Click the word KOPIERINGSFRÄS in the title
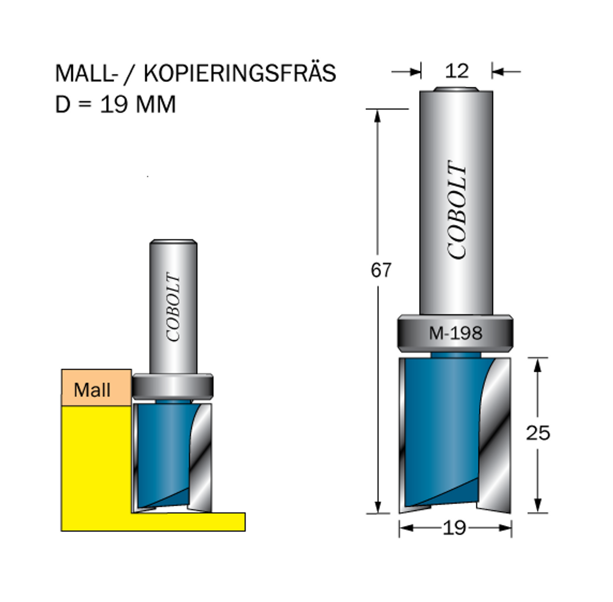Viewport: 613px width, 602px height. click(239, 73)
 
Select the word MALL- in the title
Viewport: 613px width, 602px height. click(86, 74)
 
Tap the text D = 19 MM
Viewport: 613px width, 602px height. click(116, 104)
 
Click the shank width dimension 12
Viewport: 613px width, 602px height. click(457, 71)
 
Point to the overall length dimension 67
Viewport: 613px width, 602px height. click(381, 270)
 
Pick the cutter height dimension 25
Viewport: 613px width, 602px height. click(538, 433)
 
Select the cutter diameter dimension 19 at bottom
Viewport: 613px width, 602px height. click(455, 528)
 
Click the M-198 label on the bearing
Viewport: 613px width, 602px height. click(456, 333)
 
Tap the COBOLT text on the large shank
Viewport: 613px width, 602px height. click(457, 209)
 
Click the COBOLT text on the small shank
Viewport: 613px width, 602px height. click(173, 307)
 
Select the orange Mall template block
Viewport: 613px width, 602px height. click(96, 387)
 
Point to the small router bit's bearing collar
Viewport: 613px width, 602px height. click(172, 387)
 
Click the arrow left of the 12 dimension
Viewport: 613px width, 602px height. click(406, 72)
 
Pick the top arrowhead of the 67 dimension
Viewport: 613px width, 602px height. click(377, 116)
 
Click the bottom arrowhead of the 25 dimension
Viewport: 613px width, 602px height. click(538, 506)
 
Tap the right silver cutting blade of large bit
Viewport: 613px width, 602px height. click(495, 434)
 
